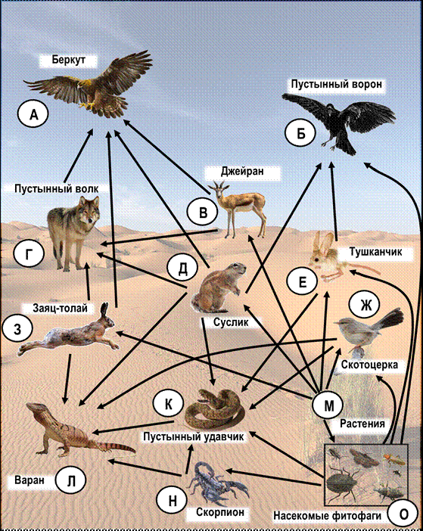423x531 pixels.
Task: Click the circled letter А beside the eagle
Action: (33, 115)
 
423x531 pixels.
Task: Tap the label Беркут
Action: (68, 60)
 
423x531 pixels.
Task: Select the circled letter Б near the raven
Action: (300, 134)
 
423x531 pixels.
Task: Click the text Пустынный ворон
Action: (337, 84)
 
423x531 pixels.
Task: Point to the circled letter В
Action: (203, 213)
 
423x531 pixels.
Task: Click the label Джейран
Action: (242, 172)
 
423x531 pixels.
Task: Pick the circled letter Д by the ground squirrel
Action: (182, 269)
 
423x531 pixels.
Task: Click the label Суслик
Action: (231, 321)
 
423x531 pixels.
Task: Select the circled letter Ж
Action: (365, 305)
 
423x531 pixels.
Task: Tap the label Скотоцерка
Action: (369, 365)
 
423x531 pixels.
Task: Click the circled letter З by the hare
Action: (17, 329)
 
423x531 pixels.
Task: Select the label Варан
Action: (30, 480)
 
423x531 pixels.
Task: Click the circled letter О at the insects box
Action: (403, 514)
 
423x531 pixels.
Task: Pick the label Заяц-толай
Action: (61, 308)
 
